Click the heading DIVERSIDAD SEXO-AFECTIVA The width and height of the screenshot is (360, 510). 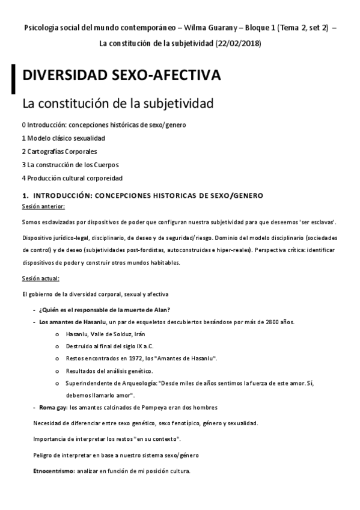click(x=121, y=76)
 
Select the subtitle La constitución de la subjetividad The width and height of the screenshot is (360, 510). click(x=118, y=103)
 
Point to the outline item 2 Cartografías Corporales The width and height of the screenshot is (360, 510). click(x=59, y=152)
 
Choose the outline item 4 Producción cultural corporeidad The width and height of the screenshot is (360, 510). click(x=72, y=178)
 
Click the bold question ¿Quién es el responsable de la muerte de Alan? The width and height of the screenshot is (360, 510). click(x=104, y=310)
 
